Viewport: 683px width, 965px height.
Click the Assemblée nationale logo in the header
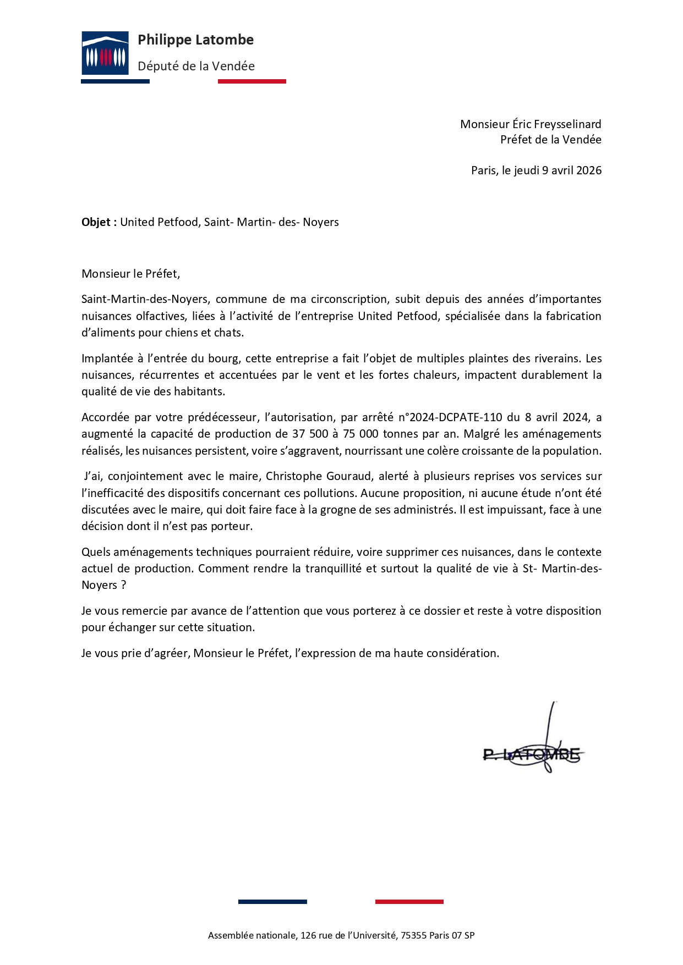point(105,53)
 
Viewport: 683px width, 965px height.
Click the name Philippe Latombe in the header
point(195,40)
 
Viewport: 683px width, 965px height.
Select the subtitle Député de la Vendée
point(196,67)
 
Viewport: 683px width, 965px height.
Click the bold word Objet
point(96,222)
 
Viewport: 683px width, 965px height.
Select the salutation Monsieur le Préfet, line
point(131,274)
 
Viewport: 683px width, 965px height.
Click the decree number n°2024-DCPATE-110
point(450,417)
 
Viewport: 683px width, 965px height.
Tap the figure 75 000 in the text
point(360,434)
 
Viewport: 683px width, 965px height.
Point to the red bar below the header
point(252,81)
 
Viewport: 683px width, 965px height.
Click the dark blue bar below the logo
point(115,81)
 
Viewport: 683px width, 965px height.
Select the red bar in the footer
point(409,902)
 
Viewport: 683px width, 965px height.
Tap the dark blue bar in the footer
point(272,902)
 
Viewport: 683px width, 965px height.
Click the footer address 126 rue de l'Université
point(348,935)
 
